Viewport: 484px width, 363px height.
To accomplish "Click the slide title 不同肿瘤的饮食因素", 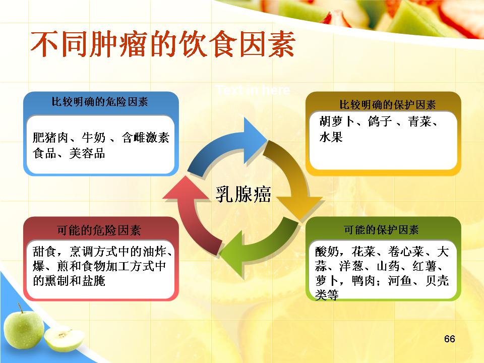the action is tap(163, 44).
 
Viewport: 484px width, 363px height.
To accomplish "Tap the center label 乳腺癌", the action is tap(243, 194).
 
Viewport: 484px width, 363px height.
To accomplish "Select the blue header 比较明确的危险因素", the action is tap(100, 101).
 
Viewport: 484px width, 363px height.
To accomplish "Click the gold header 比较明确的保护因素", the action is tap(387, 105).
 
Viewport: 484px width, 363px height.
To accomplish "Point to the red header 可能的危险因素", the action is tap(99, 230).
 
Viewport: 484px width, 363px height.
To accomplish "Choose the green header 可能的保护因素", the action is tap(381, 230).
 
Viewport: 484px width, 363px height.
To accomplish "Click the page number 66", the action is tap(449, 339).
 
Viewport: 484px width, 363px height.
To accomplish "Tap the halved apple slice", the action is tap(64, 338).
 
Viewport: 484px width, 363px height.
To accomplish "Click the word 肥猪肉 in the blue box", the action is tap(50, 137).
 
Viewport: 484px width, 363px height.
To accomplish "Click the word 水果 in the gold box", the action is tap(331, 137).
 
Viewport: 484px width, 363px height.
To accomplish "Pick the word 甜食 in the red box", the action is tap(44, 251).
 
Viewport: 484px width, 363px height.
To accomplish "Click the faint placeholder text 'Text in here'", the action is tap(253, 90).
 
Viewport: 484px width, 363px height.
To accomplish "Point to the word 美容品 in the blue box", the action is tap(87, 153).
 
